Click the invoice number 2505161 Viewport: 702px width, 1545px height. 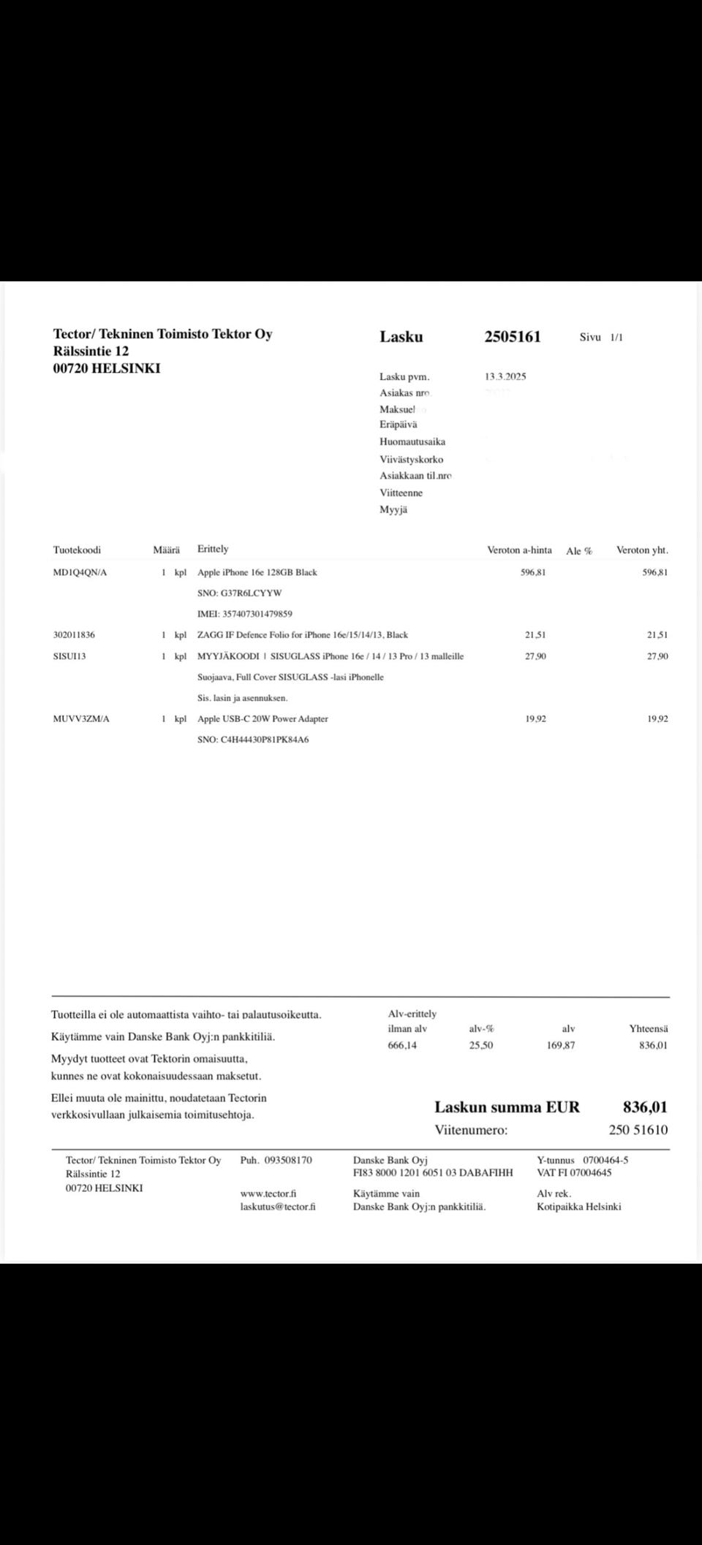pyautogui.click(x=512, y=337)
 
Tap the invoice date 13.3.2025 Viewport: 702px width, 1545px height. pyautogui.click(x=505, y=377)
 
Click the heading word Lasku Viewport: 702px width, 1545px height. pyautogui.click(x=401, y=337)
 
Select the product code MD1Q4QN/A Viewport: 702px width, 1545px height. pyautogui.click(x=80, y=573)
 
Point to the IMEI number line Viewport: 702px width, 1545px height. pyautogui.click(x=245, y=615)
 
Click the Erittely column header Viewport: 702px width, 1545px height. pyautogui.click(x=213, y=550)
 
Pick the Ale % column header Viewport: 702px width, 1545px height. pyautogui.click(x=579, y=551)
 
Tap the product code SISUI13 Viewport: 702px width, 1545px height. pyautogui.click(x=69, y=656)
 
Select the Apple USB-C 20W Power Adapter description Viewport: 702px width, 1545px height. pyautogui.click(x=263, y=719)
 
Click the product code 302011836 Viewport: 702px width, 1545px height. pyautogui.click(x=74, y=635)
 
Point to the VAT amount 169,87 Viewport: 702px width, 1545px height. pyautogui.click(x=561, y=1046)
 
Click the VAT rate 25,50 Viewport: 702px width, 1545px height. pyautogui.click(x=481, y=1046)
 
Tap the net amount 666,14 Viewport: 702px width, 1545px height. pyautogui.click(x=402, y=1046)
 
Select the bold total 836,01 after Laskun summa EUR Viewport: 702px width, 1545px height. pyautogui.click(x=645, y=1107)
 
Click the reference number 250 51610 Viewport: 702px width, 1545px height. pyautogui.click(x=638, y=1131)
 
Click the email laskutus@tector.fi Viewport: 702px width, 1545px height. pyautogui.click(x=278, y=1207)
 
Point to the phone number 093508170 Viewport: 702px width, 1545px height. pyautogui.click(x=288, y=1161)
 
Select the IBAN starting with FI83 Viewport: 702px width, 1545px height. pyautogui.click(x=433, y=1173)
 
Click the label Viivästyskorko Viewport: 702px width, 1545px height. pyautogui.click(x=411, y=460)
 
